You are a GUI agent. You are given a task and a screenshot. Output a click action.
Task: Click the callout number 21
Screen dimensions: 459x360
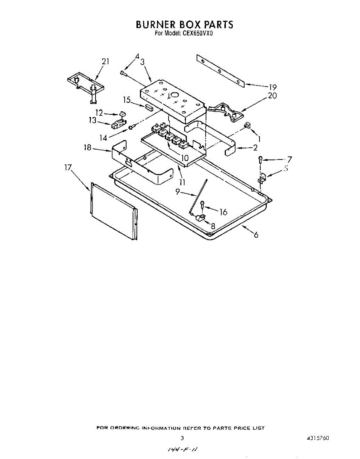105,62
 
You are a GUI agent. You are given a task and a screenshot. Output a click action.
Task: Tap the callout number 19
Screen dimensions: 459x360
272,87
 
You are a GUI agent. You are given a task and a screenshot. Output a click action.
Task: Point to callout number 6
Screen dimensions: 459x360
256,235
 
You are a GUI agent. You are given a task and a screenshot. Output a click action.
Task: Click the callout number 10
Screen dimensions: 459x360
185,158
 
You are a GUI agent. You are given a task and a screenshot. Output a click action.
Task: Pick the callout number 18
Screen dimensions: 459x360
87,148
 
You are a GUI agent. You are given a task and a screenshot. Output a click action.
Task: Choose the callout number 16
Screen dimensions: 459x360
223,212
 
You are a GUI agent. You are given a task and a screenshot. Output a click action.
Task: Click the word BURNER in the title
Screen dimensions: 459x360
156,24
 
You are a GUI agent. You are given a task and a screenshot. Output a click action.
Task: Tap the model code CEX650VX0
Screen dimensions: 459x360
196,33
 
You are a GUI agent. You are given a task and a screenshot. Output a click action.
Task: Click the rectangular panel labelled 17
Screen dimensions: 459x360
114,211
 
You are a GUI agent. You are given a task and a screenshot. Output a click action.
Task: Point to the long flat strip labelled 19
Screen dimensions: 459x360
220,71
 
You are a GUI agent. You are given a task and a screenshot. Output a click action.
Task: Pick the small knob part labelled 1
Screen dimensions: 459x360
247,125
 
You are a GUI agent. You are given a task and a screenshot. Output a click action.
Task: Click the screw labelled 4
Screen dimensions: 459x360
123,73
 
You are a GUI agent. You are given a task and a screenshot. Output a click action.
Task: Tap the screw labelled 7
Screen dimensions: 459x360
260,159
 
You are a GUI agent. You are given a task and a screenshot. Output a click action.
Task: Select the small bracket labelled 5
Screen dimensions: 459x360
262,177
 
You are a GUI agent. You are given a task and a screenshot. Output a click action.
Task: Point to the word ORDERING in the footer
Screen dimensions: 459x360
125,428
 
